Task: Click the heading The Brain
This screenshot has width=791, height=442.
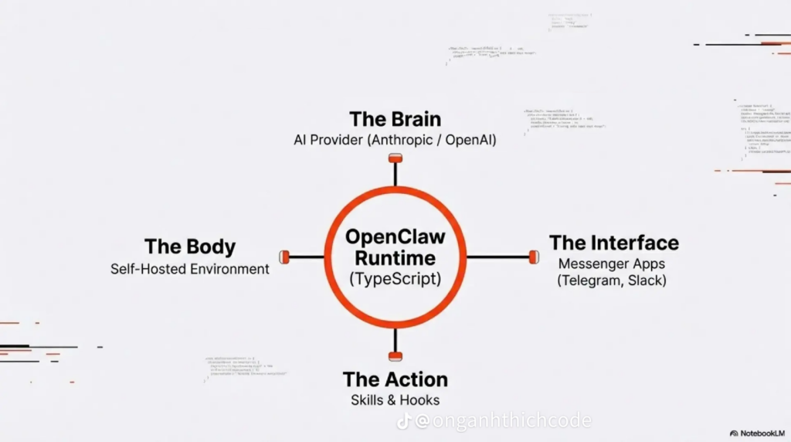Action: click(395, 119)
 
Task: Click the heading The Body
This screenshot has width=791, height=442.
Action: click(190, 246)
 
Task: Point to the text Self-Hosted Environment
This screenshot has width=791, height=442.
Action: click(190, 269)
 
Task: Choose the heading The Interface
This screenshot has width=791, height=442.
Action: click(614, 243)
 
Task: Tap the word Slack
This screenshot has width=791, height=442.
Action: click(646, 280)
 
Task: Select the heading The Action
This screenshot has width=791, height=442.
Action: click(395, 379)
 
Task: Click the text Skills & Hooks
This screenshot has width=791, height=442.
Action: click(395, 400)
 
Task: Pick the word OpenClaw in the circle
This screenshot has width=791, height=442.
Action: click(395, 236)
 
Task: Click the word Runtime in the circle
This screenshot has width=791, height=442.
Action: click(395, 258)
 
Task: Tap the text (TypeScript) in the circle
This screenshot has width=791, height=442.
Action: click(395, 279)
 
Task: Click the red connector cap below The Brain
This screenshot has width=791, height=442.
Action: click(395, 158)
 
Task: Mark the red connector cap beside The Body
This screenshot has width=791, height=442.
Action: click(284, 257)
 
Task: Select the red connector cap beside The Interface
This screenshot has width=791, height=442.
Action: click(533, 257)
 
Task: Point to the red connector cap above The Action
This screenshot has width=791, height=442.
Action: click(395, 356)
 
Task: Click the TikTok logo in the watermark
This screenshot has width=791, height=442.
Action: click(405, 421)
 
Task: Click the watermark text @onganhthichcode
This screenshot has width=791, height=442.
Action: click(503, 421)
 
